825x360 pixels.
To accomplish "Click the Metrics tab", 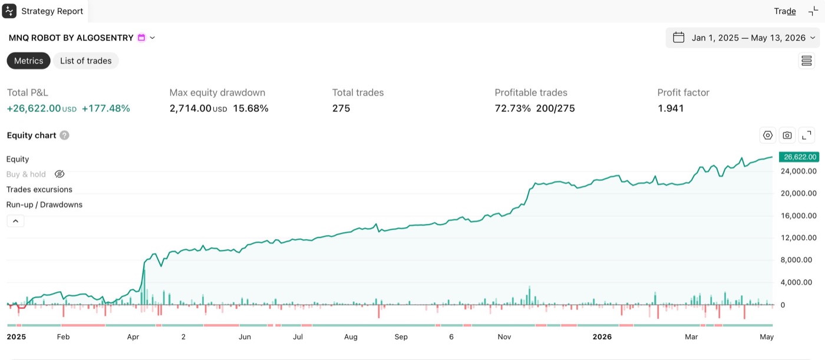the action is [28, 61].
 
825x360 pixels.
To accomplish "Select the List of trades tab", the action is [86, 61].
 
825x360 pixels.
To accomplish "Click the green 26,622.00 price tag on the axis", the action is [799, 157].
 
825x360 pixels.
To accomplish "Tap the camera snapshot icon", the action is [787, 136].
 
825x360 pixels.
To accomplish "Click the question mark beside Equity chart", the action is [64, 136].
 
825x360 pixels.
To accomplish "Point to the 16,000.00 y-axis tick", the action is [798, 216].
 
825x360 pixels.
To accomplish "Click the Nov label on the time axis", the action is [504, 337].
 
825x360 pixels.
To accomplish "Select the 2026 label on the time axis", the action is [602, 337].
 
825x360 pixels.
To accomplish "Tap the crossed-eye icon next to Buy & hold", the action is [60, 174].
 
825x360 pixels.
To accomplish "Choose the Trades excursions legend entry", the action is [39, 189].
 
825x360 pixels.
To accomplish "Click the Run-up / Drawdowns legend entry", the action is [44, 204].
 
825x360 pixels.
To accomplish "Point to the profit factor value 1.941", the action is [671, 108].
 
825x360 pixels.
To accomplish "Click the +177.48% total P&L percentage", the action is [105, 108].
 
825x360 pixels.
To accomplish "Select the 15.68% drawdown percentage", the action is [250, 108].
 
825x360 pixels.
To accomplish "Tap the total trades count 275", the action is [341, 108].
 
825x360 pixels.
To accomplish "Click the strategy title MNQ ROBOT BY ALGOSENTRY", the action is [71, 38].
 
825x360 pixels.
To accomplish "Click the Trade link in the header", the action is [785, 11].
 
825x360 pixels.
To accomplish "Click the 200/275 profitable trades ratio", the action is [555, 108].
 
